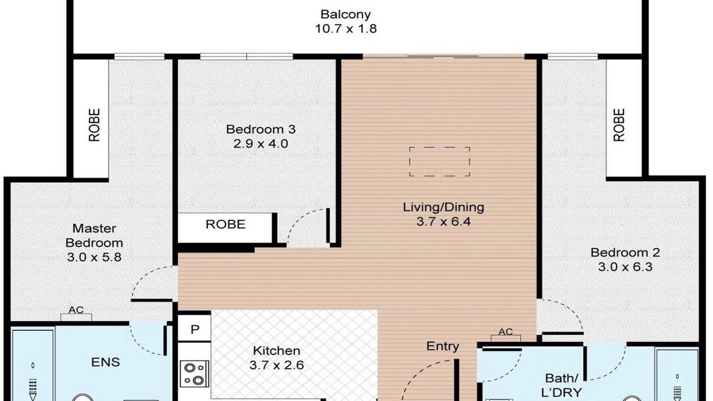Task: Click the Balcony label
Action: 346,14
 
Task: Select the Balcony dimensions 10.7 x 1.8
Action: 346,28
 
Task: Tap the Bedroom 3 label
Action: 261,129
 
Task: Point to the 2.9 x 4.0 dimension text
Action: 261,144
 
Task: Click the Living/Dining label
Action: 443,208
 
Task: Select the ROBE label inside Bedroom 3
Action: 226,224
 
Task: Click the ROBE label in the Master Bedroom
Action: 94,125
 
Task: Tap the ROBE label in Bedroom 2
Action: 619,125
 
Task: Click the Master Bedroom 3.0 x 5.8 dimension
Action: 94,257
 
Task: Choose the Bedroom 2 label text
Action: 625,253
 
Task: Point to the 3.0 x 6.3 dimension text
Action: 625,267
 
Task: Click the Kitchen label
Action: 277,351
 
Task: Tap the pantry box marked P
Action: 194,329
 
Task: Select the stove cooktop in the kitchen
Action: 194,374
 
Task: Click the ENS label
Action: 105,362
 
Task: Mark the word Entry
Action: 443,346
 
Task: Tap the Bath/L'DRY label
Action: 561,385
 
